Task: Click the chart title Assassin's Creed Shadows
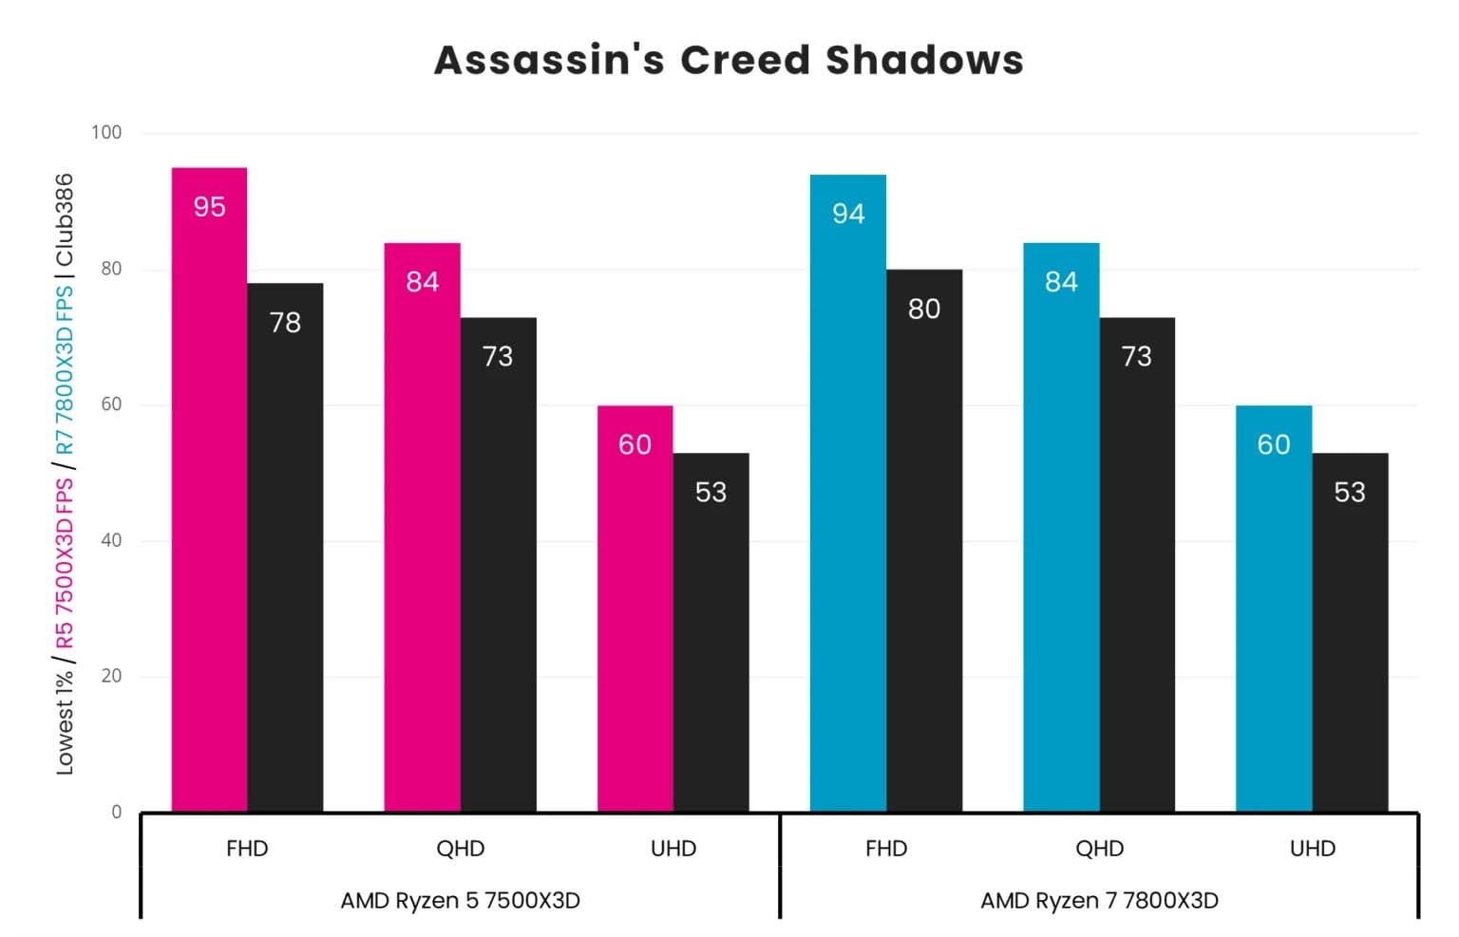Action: click(729, 60)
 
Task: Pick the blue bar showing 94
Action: click(847, 493)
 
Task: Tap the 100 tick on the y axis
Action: click(106, 133)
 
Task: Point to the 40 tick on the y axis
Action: click(110, 540)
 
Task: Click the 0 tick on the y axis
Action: click(116, 812)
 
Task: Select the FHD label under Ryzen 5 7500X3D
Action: click(247, 849)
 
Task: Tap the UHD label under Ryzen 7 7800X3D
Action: click(1312, 849)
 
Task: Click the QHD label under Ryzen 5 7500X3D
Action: click(460, 849)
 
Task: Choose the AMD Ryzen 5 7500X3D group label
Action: click(460, 900)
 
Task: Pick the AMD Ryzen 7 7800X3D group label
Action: click(1099, 900)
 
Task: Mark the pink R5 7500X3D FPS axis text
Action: click(65, 564)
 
